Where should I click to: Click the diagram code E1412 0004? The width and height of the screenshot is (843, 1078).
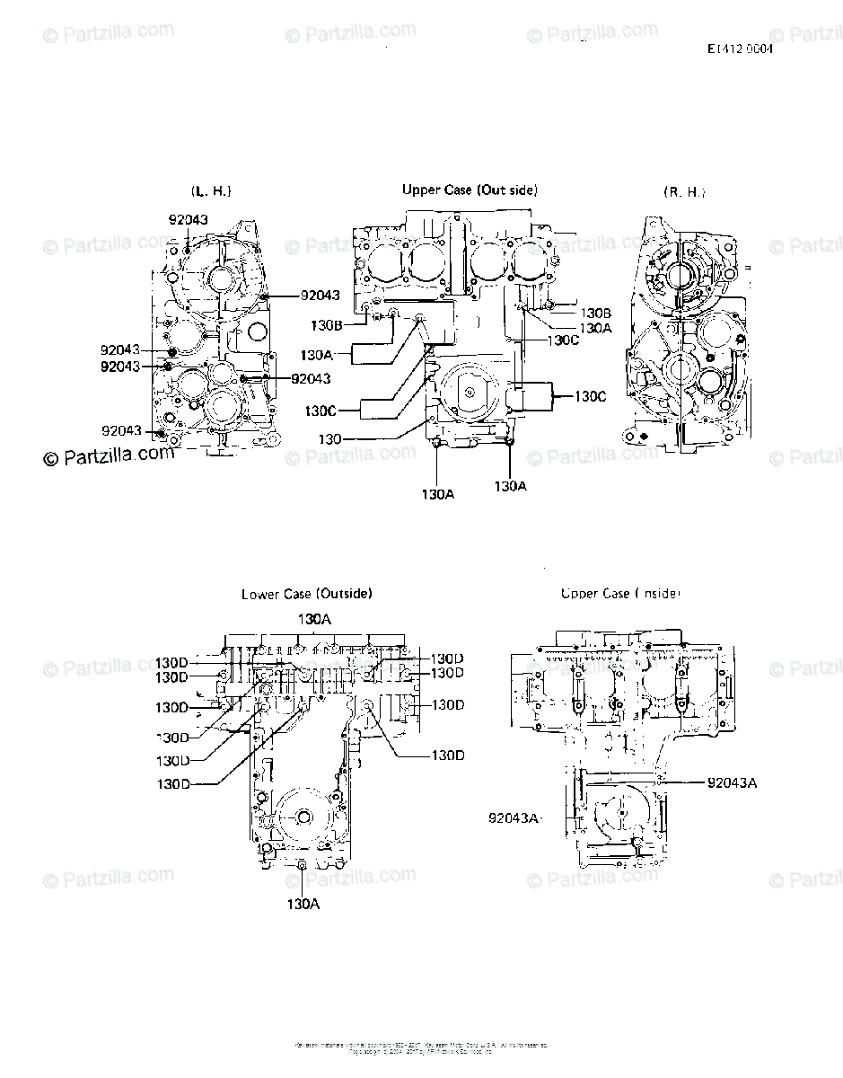[x=740, y=49]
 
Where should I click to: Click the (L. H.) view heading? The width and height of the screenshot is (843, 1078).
[x=211, y=191]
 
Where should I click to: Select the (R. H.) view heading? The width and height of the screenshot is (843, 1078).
[x=684, y=191]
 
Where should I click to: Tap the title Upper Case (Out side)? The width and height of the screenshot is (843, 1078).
[x=470, y=190]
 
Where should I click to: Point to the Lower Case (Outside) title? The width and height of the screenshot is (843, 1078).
[x=307, y=594]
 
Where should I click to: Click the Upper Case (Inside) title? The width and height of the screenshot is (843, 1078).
[x=620, y=594]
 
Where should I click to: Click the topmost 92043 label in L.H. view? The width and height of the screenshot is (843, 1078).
[x=189, y=219]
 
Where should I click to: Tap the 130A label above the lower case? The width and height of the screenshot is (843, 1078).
[x=315, y=619]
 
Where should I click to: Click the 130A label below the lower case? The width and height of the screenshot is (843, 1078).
[x=303, y=904]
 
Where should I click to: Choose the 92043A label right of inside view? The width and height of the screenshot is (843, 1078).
[x=732, y=782]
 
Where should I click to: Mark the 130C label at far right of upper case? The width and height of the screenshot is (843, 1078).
[x=590, y=395]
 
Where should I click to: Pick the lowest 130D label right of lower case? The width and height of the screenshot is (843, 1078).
[x=448, y=755]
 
